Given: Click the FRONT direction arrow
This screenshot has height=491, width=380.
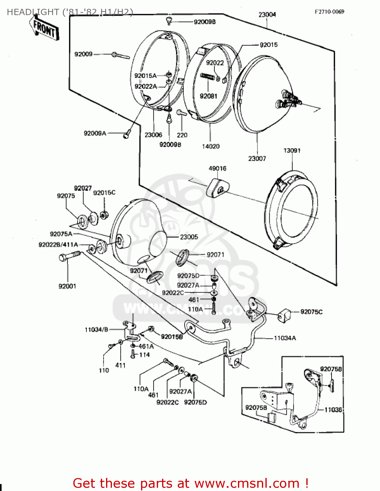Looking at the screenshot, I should pos(45,29).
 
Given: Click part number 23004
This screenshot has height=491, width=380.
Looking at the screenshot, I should pos(267,15).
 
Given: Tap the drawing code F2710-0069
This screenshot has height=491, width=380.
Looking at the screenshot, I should pos(329,12).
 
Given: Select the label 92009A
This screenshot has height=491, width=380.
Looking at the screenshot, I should pos(95,133).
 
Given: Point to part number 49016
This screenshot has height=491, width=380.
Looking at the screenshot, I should pos(217,168).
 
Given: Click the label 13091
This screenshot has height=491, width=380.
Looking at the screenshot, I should pos(292,151).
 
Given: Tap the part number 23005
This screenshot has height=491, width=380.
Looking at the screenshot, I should pos(189,237).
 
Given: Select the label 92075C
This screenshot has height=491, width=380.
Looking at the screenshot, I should pos(311,312).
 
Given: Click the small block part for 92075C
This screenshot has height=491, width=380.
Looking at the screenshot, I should pos(284,315).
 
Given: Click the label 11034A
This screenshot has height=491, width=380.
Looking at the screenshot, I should pos(285,338).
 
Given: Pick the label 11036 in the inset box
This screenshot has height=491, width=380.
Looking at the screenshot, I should pos(333,409).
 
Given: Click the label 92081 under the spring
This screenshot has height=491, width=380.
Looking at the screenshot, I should pos(208,96).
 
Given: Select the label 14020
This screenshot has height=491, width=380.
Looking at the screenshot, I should pos(211,146).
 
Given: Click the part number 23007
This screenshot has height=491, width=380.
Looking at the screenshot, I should pos(257,158).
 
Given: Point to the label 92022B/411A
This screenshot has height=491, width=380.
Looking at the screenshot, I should pos(58,245).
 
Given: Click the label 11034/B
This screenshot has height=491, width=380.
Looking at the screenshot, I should pos(96,330).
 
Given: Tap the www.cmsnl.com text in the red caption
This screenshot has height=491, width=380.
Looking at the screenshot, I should pos(247,483).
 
